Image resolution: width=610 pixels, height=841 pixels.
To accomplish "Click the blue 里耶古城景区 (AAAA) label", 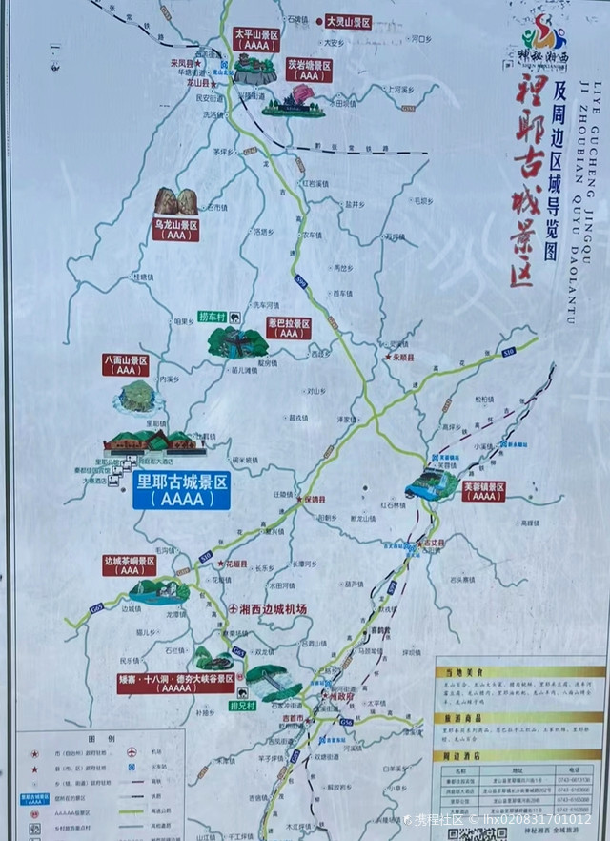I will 181,489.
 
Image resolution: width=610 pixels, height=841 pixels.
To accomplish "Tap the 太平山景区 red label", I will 255,38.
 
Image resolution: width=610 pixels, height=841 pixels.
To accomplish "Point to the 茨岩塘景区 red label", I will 309,70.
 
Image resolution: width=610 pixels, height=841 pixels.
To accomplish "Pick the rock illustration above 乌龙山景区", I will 176,200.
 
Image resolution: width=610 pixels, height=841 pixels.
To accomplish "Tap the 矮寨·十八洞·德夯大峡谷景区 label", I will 176,683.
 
